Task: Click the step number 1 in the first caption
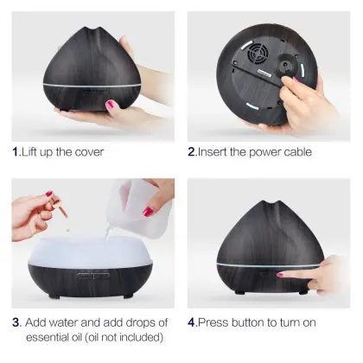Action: pyautogui.click(x=16, y=152)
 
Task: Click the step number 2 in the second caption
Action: pyautogui.click(x=193, y=152)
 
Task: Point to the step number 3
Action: pyautogui.click(x=16, y=322)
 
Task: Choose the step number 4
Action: pyautogui.click(x=193, y=322)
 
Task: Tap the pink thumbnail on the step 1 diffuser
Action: pyautogui.click(x=111, y=105)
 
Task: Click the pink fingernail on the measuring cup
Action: pyautogui.click(x=147, y=212)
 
